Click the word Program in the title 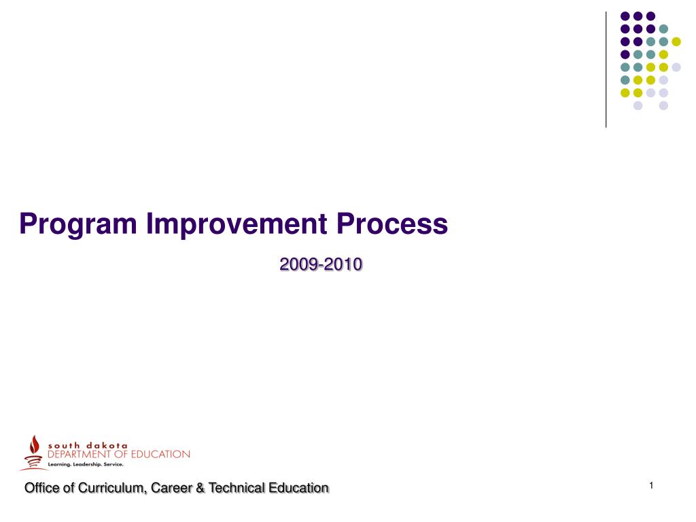coord(78,224)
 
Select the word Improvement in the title coord(237,223)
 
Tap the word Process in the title coord(392,223)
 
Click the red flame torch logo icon coord(33,452)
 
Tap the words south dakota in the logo coord(88,445)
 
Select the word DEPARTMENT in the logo coord(79,454)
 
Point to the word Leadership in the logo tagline coord(87,464)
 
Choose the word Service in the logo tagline coord(114,464)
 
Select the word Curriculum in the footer coord(111,488)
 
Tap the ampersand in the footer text coord(201,488)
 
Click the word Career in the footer coord(171,488)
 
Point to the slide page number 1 coord(651,485)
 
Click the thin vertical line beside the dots coord(606,70)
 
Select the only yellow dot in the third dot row coord(676,41)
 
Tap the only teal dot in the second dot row coord(663,29)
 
